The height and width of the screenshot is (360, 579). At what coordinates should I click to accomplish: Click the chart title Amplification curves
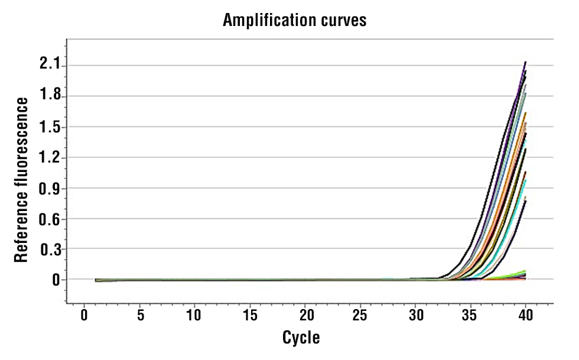tap(295, 21)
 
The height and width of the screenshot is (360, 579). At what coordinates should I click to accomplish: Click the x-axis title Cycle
tap(301, 338)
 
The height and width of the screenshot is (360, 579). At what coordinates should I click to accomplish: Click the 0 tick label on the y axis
tap(56, 280)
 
